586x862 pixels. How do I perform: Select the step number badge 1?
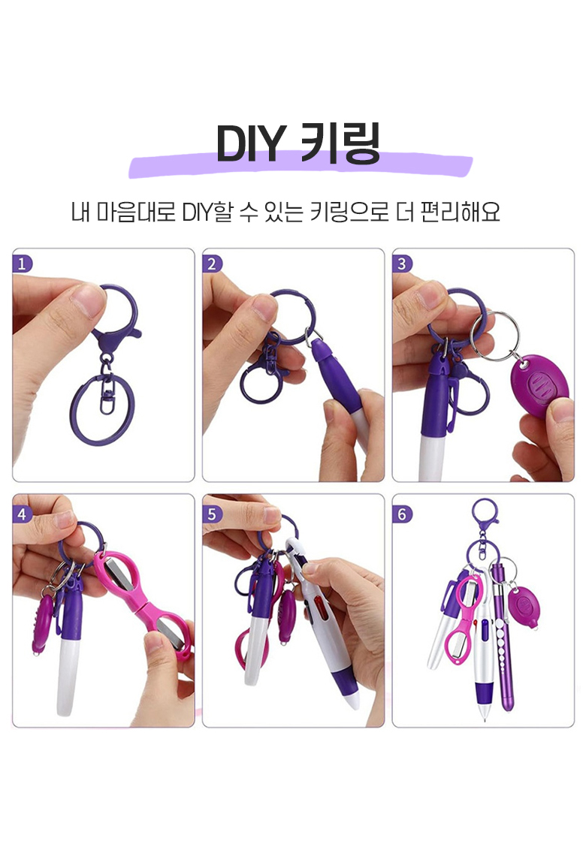click(22, 264)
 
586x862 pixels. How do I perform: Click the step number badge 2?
click(212, 264)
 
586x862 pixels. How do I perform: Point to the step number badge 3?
click(402, 264)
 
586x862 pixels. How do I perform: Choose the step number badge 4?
click(22, 514)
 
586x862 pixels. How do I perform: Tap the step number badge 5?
click(212, 514)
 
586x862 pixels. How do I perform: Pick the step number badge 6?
click(402, 514)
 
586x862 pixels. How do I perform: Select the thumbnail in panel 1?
click(87, 300)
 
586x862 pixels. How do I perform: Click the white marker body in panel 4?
click(66, 677)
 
